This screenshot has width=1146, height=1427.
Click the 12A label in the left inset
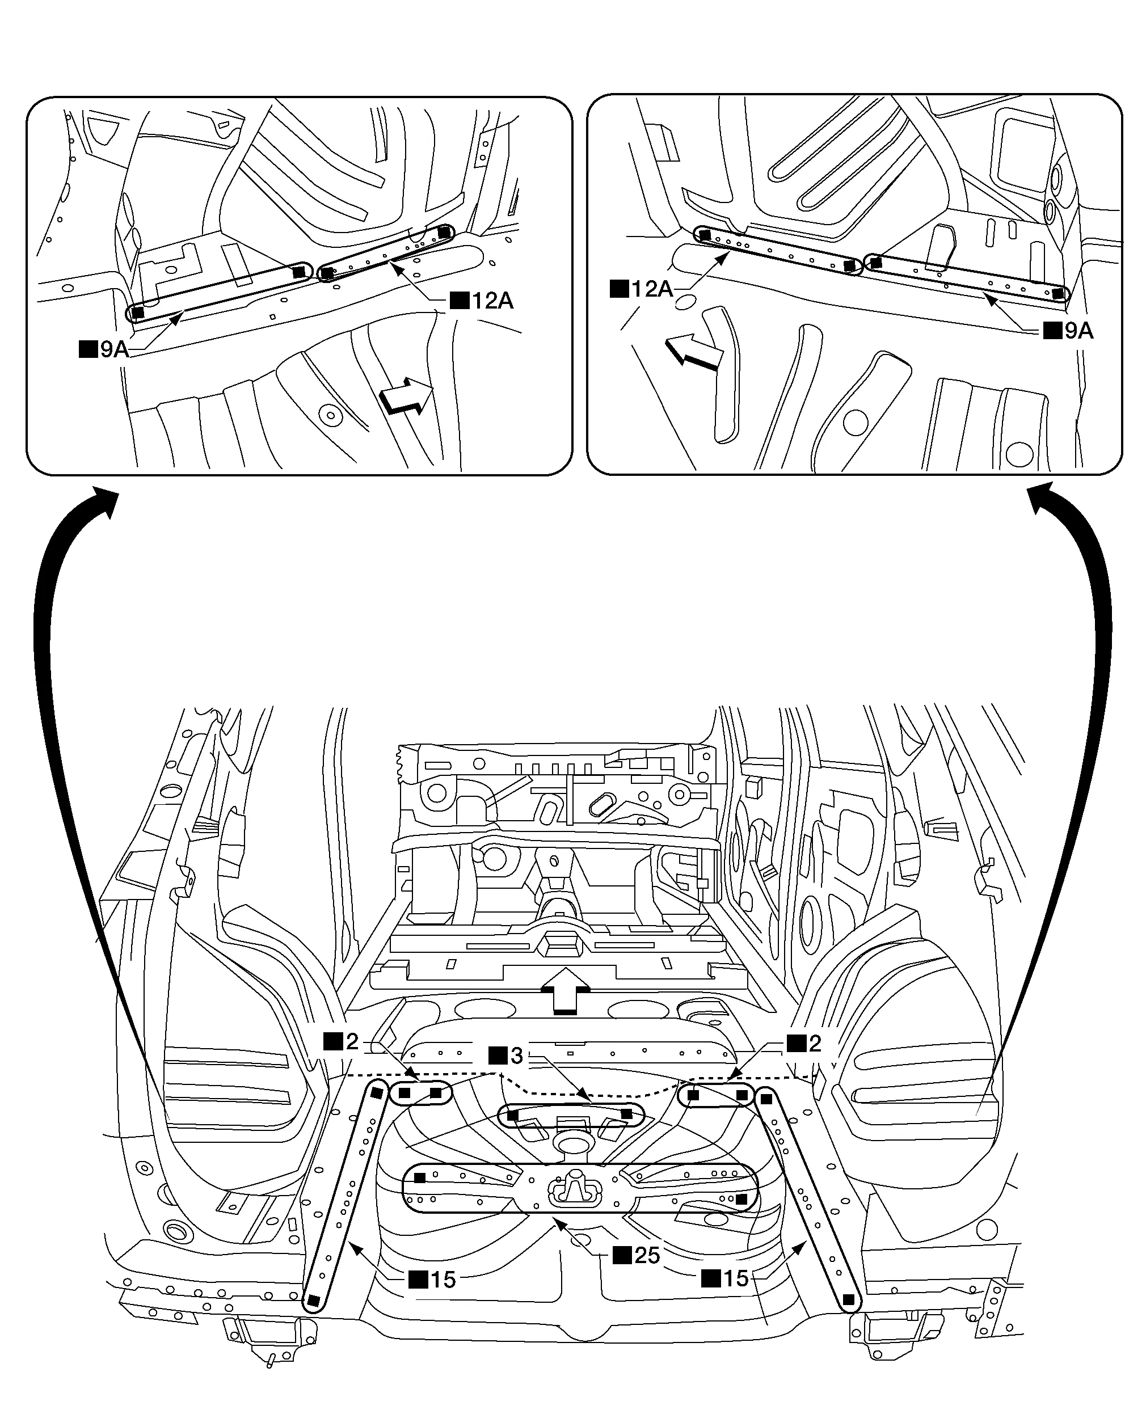pos(482,301)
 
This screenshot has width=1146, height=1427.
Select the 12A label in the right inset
pos(642,289)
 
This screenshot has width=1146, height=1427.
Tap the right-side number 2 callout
pos(804,1043)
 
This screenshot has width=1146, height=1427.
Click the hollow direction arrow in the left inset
pos(406,396)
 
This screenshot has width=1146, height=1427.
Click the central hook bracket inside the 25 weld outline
pos(574,1188)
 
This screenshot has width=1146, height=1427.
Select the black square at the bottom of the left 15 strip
pos(314,1301)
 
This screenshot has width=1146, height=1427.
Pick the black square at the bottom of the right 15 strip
pos(848,1300)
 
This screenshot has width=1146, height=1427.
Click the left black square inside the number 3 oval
pos(512,1115)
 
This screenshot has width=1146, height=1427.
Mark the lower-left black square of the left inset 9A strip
pos(138,313)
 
